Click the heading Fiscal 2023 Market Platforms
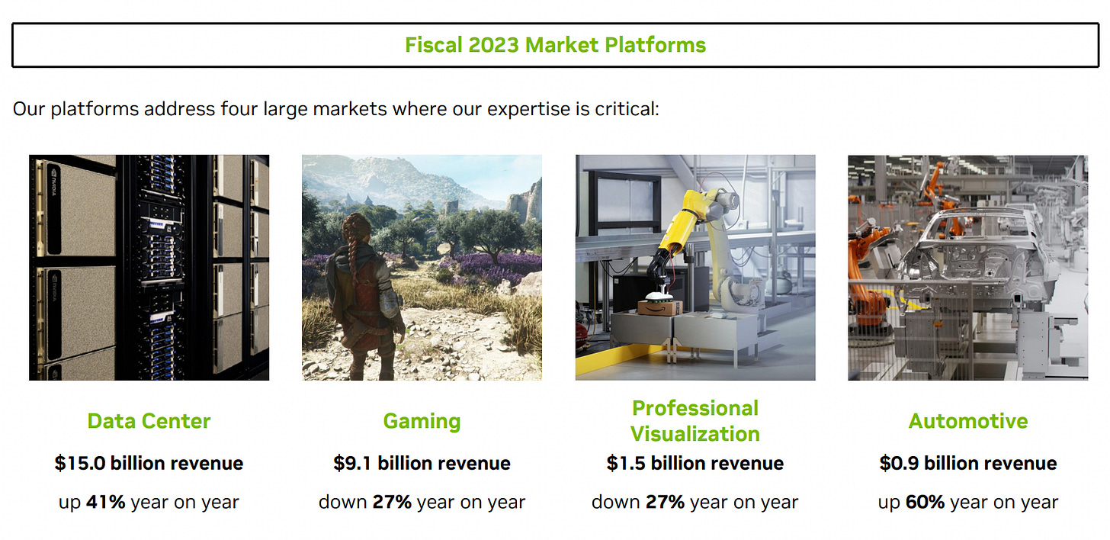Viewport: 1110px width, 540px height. [x=555, y=45]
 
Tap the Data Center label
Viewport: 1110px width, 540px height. [x=149, y=421]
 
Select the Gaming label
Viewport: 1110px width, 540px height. [x=422, y=421]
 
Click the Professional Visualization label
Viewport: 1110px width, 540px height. [x=695, y=421]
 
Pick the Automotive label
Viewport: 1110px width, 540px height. [x=968, y=421]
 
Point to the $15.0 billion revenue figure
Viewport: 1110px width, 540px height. [x=149, y=463]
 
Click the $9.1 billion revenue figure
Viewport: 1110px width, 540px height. [x=422, y=463]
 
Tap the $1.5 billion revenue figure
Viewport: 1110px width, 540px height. [x=695, y=463]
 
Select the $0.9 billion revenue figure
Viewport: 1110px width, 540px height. [x=968, y=463]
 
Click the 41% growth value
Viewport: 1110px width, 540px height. [x=106, y=503]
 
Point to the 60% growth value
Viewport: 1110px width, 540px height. [x=925, y=503]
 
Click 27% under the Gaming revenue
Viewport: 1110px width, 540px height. [x=391, y=503]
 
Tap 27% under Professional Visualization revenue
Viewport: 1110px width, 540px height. [x=665, y=503]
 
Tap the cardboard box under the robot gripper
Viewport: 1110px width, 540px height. [x=660, y=307]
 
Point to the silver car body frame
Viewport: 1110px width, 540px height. [x=983, y=259]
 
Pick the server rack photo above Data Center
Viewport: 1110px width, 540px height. [x=149, y=267]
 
